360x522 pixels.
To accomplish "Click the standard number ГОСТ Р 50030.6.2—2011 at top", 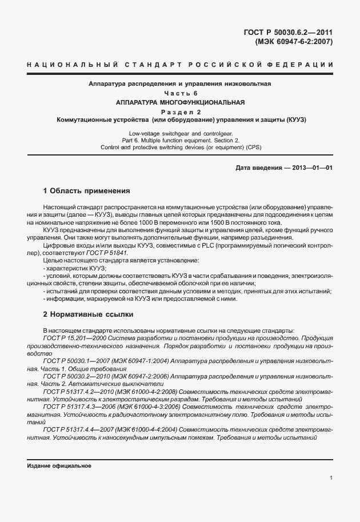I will click(292, 33).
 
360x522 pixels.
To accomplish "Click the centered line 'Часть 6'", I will click(179, 93).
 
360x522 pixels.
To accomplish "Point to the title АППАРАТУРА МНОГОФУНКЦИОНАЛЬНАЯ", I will click(179, 102).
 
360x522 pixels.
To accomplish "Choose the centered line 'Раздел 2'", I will click(179, 112).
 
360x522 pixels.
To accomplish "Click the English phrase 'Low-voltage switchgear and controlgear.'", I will click(179, 133).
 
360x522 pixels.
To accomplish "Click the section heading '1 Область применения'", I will click(87, 190).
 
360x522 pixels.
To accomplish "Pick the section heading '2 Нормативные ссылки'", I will click(88, 314).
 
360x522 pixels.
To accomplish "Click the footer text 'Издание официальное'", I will click(59, 466).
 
